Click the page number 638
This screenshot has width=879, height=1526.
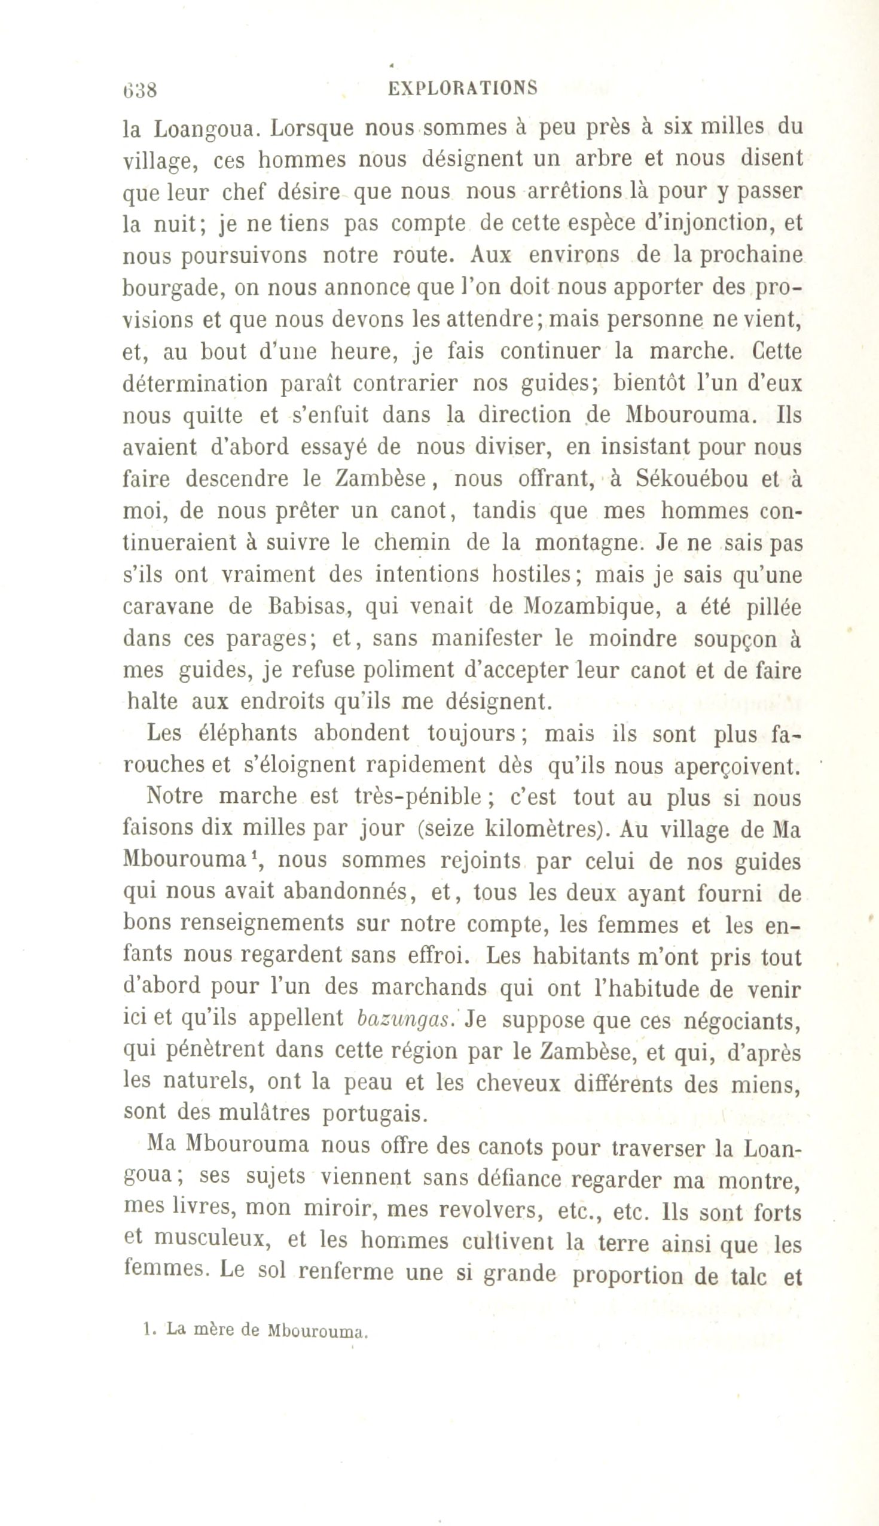pos(139,90)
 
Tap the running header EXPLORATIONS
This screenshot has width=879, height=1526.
pos(462,89)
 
